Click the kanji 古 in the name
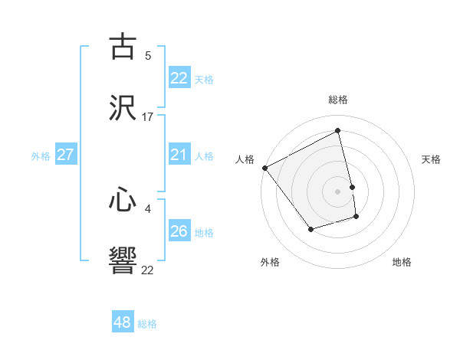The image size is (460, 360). [x=123, y=47]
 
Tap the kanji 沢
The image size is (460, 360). [x=123, y=107]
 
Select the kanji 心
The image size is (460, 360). [x=123, y=201]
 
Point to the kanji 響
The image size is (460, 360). [x=123, y=260]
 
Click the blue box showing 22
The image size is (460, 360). [x=179, y=77]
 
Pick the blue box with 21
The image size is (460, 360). [x=179, y=155]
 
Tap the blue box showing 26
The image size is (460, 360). [x=179, y=231]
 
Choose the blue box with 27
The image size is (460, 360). [x=65, y=155]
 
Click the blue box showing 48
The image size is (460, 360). [x=123, y=322]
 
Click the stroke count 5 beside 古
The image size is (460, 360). [x=148, y=55]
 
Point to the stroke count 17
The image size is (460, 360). [x=148, y=117]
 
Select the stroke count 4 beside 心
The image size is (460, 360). [x=148, y=208]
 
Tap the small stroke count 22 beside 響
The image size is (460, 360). [x=148, y=270]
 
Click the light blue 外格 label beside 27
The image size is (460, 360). [x=41, y=155]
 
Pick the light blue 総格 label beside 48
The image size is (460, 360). [x=147, y=324]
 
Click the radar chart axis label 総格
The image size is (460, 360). [x=338, y=100]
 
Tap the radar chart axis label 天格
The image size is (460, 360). [x=432, y=159]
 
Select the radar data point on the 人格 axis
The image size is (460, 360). [x=264, y=168]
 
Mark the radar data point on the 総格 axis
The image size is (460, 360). [x=338, y=130]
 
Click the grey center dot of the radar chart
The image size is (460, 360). [x=338, y=191]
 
